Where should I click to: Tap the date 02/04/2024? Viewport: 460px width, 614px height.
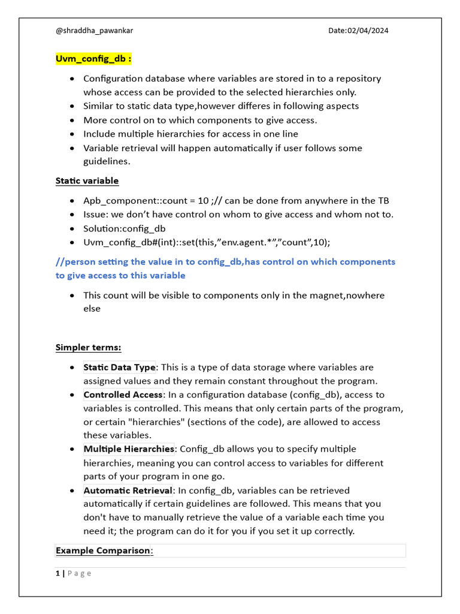358,31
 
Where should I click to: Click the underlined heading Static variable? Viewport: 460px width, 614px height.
87,180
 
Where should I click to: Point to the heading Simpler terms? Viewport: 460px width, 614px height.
88,347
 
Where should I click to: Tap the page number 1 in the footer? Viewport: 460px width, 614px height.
57,573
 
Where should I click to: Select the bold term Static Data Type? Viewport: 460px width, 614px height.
119,367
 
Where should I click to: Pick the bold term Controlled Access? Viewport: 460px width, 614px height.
123,395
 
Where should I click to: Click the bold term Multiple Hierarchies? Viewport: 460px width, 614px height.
129,449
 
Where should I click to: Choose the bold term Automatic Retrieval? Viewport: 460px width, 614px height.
128,490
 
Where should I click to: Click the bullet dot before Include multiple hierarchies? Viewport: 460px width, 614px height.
72,134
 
